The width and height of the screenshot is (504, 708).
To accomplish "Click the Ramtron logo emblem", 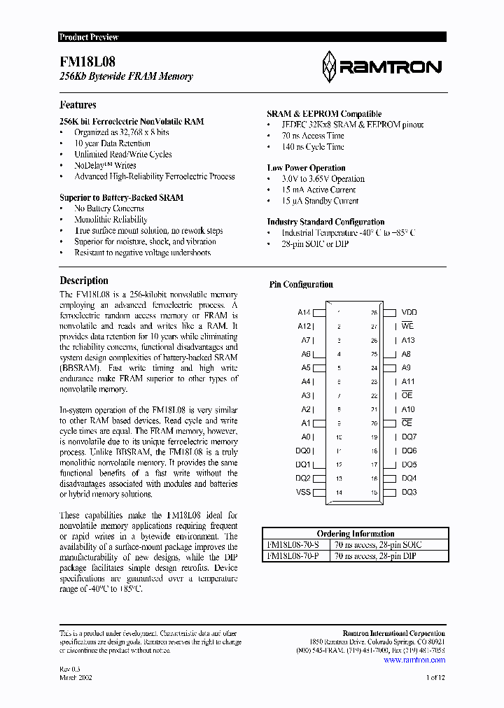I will tap(329, 66).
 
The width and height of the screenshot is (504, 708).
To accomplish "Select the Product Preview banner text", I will tap(89, 37).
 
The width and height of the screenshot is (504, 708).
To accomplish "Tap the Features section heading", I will tap(78, 105).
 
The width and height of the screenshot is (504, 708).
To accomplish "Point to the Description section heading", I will tap(83, 281).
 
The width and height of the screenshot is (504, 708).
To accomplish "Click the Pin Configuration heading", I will tap(301, 285).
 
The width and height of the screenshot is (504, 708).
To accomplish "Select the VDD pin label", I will tap(409, 313).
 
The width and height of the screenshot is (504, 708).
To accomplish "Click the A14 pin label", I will tap(304, 313).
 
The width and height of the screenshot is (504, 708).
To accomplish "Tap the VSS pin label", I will tap(303, 493).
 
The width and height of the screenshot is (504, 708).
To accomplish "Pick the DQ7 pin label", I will tap(409, 437).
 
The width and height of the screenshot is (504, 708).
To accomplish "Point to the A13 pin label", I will tap(408, 341).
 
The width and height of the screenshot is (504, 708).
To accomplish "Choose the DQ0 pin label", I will tap(302, 451).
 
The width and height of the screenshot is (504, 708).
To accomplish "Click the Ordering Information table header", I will tap(355, 534).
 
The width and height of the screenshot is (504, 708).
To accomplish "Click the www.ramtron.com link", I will tap(414, 660).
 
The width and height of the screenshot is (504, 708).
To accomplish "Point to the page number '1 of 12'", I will tap(435, 677).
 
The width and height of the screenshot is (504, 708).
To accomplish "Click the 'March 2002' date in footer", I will tap(76, 677).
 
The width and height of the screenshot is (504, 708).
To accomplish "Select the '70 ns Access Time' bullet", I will tap(313, 136).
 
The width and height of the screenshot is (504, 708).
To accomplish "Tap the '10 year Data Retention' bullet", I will tap(112, 143).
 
